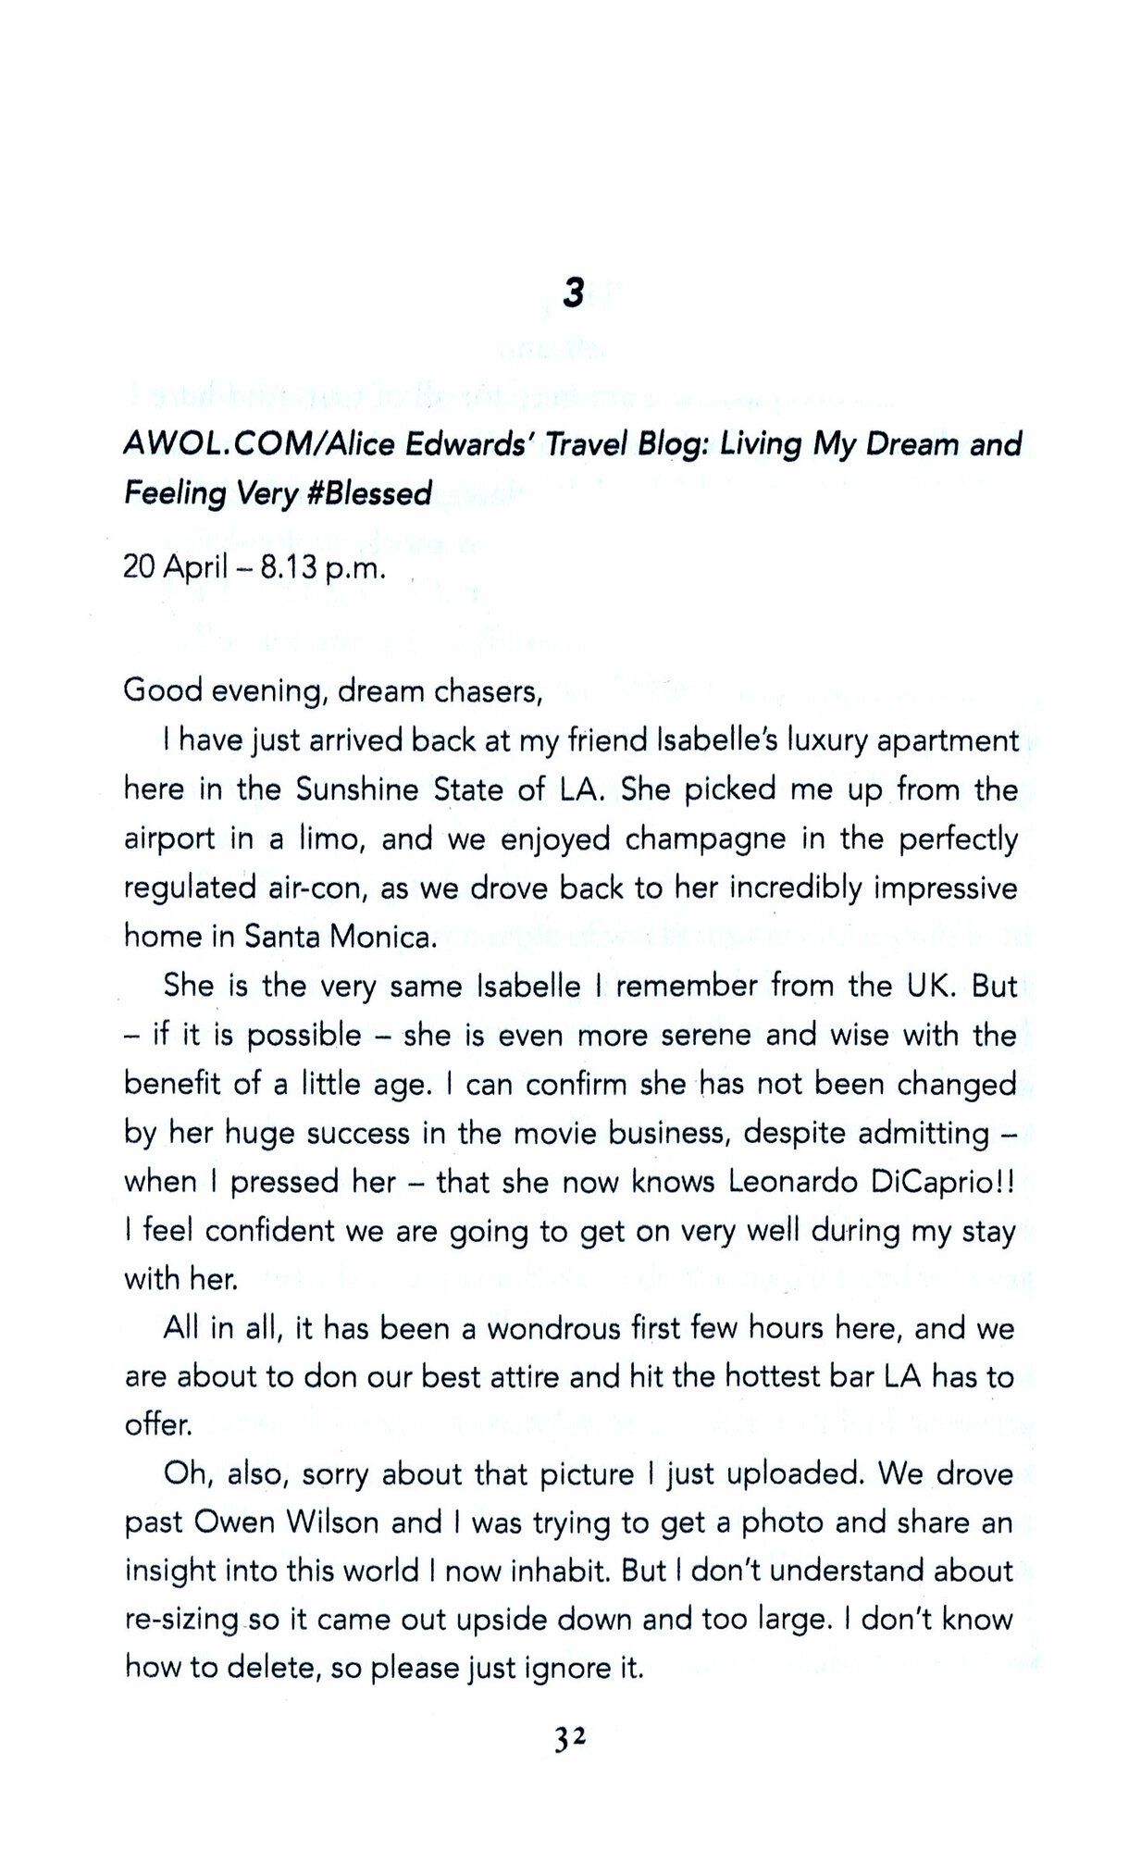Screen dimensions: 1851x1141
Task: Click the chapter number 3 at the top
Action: tap(573, 293)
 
